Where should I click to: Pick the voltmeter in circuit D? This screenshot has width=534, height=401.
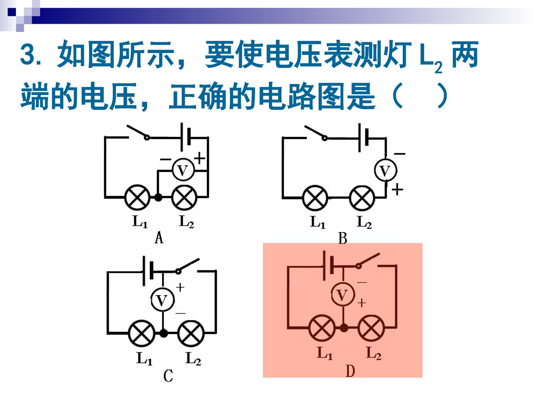(343, 295)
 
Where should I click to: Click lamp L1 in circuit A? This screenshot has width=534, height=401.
(137, 197)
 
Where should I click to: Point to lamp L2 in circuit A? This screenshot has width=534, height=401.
(184, 197)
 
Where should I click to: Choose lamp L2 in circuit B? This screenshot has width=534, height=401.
(362, 198)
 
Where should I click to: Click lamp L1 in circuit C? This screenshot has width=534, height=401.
(141, 333)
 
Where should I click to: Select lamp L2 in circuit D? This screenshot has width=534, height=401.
(371, 328)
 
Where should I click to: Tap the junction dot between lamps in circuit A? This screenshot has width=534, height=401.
(158, 197)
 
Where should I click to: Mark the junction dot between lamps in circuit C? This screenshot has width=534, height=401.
(164, 333)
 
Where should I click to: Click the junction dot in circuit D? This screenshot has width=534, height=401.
(343, 328)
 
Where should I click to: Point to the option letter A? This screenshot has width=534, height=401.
(159, 237)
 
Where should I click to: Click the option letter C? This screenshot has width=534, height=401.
(168, 375)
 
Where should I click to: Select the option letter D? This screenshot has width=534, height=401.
(350, 371)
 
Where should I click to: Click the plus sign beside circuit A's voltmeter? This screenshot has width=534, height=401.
(200, 158)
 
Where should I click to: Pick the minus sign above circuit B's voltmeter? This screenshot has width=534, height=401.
(399, 154)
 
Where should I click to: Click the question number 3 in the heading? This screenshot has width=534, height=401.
(27, 55)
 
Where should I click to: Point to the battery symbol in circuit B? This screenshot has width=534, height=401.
(363, 137)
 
